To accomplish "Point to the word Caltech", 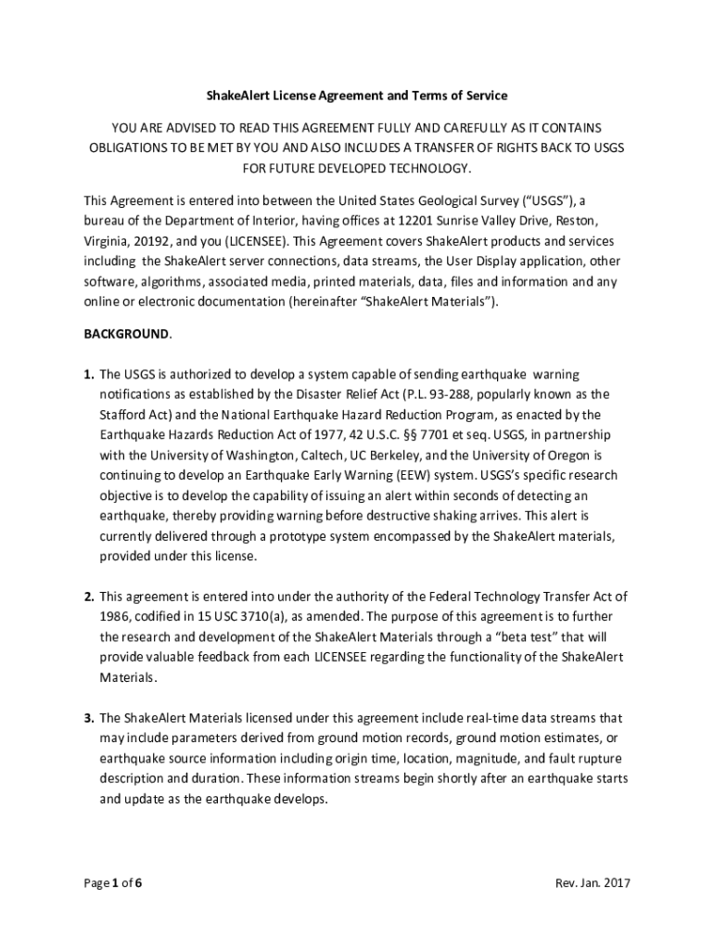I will (323, 456).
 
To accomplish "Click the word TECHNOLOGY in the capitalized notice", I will (424, 168).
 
